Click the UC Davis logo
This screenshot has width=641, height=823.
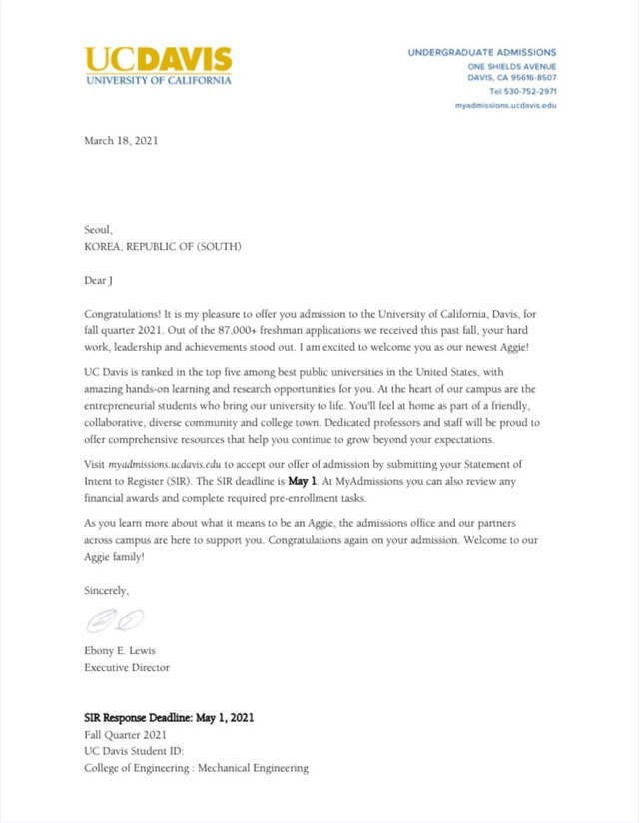(158, 65)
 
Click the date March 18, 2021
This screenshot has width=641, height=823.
(121, 141)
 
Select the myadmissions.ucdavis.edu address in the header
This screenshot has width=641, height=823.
(505, 104)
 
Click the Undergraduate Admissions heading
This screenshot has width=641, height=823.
(482, 52)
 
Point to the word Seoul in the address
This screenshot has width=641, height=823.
(98, 229)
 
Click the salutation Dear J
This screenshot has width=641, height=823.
(103, 281)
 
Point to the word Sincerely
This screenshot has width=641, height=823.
(106, 590)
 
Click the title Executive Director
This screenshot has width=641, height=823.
(127, 668)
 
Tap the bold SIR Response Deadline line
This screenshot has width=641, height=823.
(175, 717)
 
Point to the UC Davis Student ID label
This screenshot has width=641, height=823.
(134, 751)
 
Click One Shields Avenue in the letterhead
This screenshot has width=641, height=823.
(512, 66)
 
